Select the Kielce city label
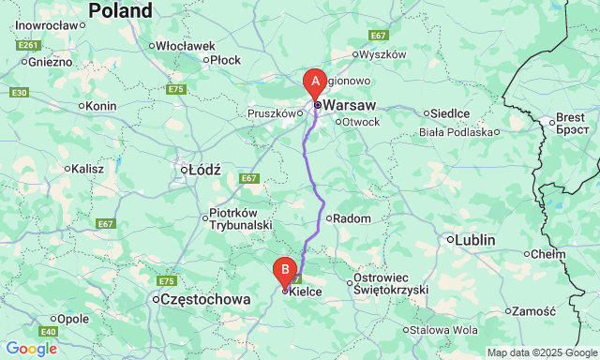[306, 292]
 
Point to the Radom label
[352, 218]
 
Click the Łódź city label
[203, 170]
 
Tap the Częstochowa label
[206, 300]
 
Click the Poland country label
[119, 11]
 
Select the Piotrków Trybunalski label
[240, 218]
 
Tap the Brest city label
[570, 118]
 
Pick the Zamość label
[536, 310]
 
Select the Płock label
[226, 59]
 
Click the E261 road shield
[28, 45]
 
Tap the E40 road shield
[49, 332]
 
